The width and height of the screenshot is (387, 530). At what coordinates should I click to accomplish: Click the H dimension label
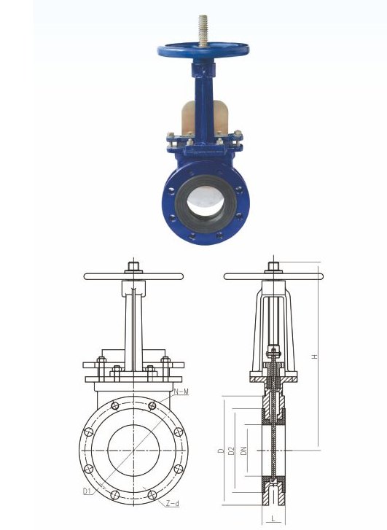click(x=314, y=356)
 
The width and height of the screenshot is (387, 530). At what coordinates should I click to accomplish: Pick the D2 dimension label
click(x=230, y=452)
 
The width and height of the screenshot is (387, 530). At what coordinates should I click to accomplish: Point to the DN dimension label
click(x=243, y=452)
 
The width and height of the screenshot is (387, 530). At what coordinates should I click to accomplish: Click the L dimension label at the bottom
click(x=272, y=518)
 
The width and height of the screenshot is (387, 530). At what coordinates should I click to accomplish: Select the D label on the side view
click(x=219, y=452)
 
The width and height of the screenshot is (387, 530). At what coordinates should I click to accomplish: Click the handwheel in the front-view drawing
click(x=133, y=276)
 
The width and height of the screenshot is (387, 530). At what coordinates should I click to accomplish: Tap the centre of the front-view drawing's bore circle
click(x=133, y=451)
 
